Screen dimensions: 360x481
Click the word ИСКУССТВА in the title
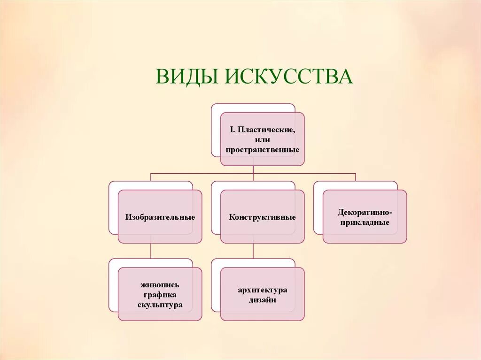(x=291, y=77)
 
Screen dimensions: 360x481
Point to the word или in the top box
(x=263, y=139)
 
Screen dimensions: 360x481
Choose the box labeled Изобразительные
(x=160, y=217)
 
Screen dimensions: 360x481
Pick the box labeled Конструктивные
(x=262, y=217)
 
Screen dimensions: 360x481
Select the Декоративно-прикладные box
(x=365, y=217)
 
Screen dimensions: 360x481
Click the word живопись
(x=160, y=285)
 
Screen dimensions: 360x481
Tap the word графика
(x=160, y=295)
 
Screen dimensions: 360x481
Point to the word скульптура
(x=160, y=305)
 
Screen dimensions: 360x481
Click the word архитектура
(x=262, y=290)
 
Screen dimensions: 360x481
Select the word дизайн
(x=262, y=300)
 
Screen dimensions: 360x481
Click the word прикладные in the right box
(x=365, y=222)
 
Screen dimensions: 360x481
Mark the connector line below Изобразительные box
(x=151, y=251)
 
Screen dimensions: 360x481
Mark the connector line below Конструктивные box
(x=253, y=251)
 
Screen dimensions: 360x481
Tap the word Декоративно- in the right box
(x=365, y=212)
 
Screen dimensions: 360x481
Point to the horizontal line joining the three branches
(x=202, y=173)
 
